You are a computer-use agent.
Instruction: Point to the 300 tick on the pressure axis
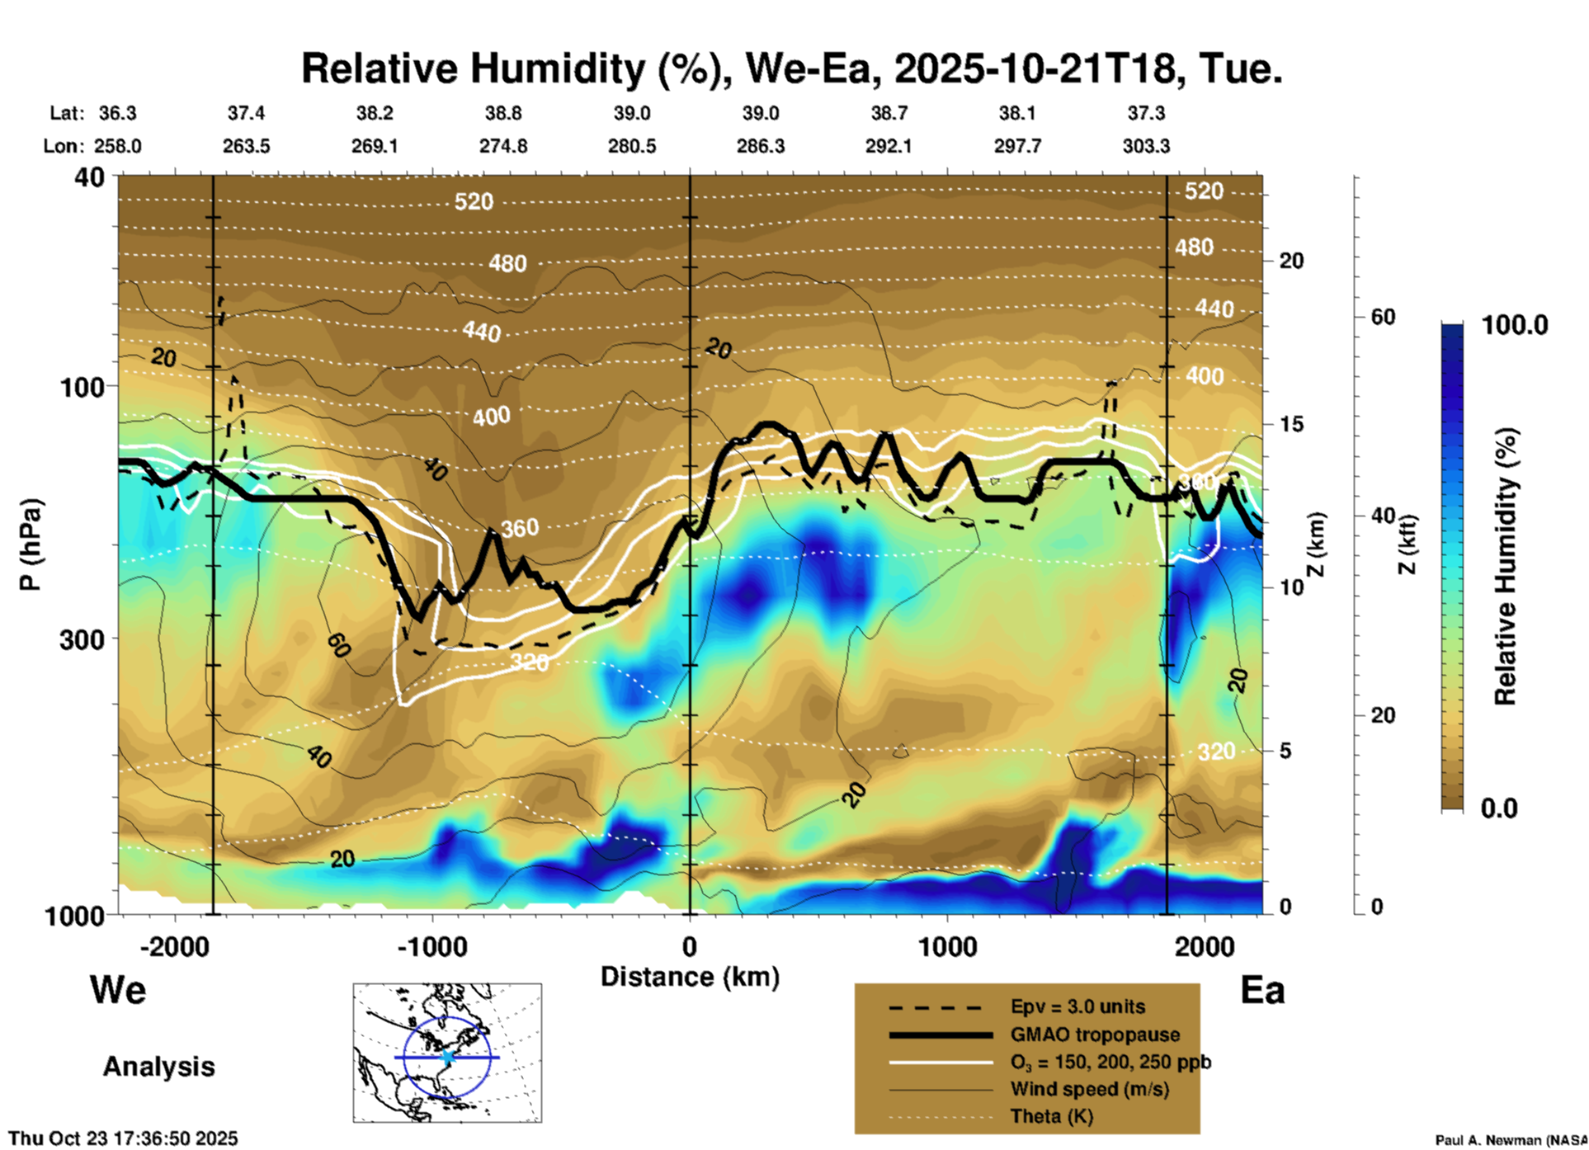83,639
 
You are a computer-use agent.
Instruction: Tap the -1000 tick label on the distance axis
431,946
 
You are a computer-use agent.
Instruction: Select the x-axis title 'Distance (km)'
690,977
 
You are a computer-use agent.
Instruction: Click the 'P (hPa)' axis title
31,544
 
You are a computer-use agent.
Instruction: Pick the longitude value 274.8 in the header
503,146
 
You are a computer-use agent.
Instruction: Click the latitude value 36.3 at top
117,113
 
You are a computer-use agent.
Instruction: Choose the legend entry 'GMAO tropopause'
1095,1035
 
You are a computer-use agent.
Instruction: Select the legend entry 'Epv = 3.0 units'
1077,1006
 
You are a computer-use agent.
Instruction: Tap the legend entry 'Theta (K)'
1051,1116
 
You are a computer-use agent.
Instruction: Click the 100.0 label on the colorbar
1515,325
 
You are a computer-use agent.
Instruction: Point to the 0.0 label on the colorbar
1499,808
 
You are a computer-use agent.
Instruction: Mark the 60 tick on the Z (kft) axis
1383,317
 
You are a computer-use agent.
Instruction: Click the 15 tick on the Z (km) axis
1291,424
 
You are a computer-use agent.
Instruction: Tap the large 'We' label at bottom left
118,989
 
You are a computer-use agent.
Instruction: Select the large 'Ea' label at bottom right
1262,990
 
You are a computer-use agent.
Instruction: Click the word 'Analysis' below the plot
158,1066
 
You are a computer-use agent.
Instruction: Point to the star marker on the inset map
448,1057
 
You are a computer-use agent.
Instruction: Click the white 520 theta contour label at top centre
474,201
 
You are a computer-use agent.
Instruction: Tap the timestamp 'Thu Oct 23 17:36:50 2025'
123,1138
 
